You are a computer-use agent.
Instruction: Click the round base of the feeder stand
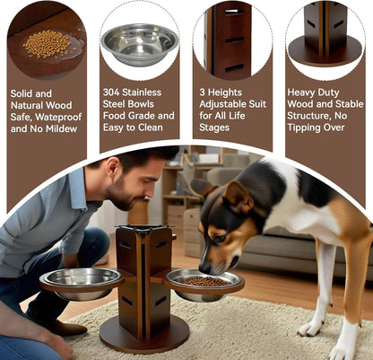[143, 336]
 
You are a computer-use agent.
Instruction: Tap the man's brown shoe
[64, 327]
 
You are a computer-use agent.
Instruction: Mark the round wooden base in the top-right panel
[325, 51]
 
